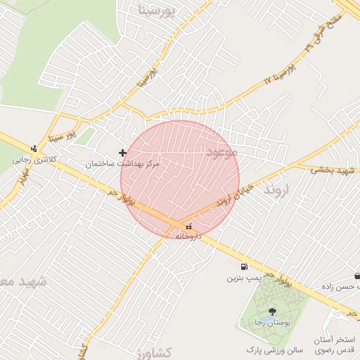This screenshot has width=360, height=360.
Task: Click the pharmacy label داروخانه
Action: pyautogui.click(x=188, y=237)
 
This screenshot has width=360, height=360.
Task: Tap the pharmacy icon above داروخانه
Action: pyautogui.click(x=188, y=226)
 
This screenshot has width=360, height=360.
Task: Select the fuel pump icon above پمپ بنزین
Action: pyautogui.click(x=243, y=266)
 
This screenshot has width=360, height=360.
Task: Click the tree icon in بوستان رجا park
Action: pyautogui.click(x=271, y=311)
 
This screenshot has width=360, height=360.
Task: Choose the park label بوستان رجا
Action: pyautogui.click(x=271, y=322)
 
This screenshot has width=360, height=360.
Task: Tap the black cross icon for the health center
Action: pyautogui.click(x=123, y=152)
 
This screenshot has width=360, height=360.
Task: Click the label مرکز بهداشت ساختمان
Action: pyautogui.click(x=123, y=163)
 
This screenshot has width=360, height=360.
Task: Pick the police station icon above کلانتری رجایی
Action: pyautogui.click(x=33, y=148)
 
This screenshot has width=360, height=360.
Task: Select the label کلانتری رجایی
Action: pyautogui.click(x=33, y=160)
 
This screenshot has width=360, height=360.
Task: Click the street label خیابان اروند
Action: pyautogui.click(x=232, y=192)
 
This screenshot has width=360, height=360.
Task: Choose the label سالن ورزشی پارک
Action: pyautogui.click(x=274, y=349)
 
